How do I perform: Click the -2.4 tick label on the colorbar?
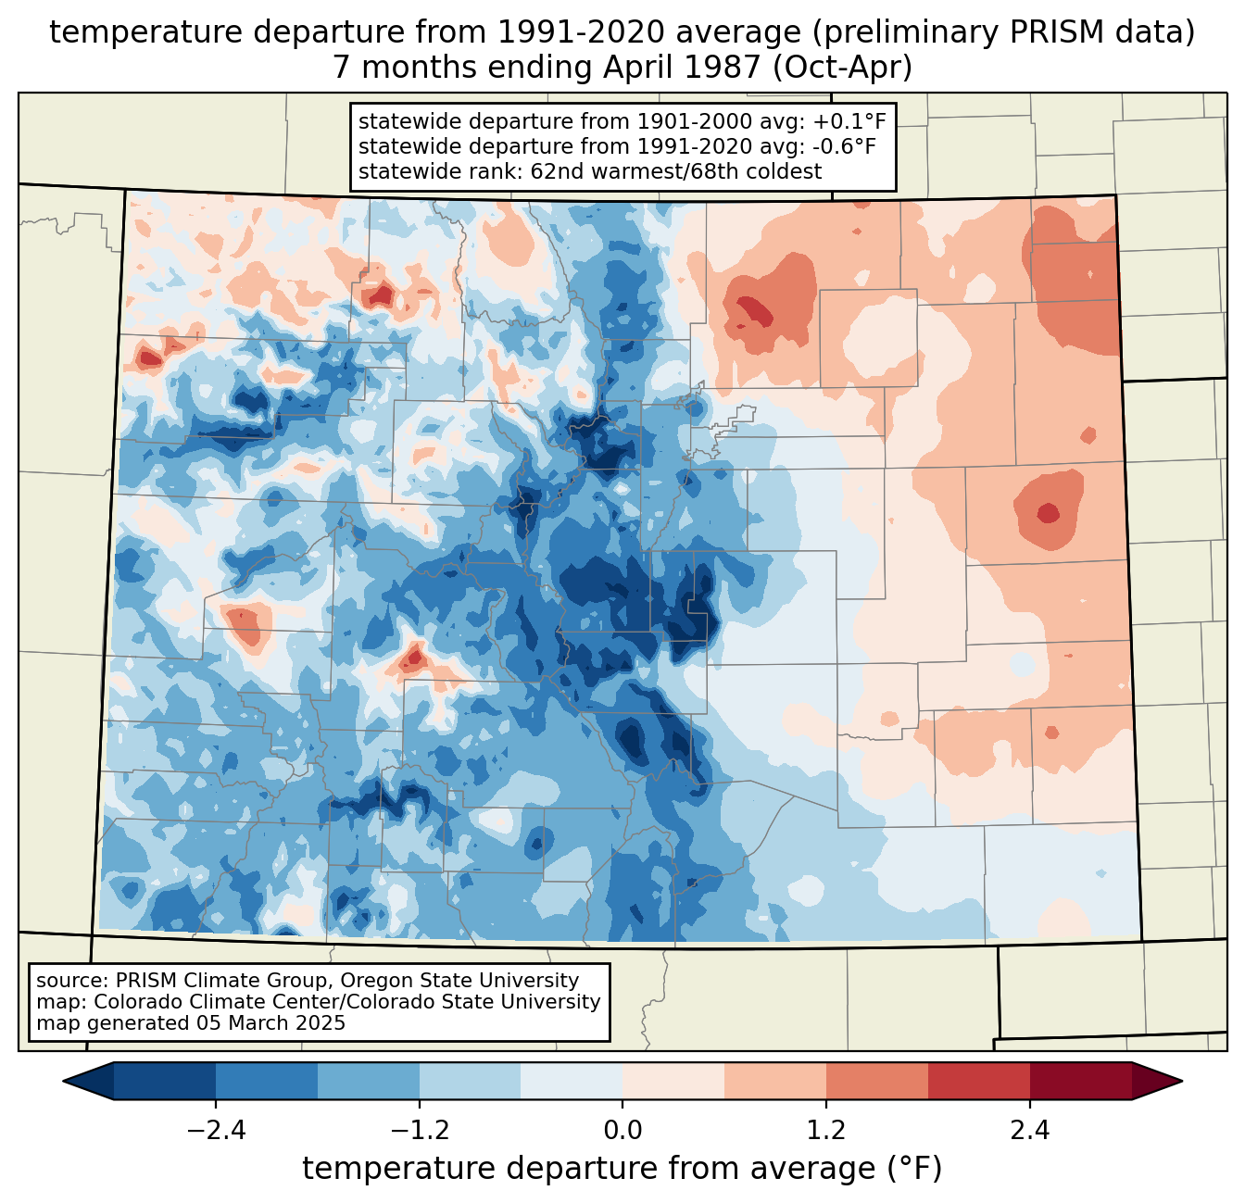[216, 1131]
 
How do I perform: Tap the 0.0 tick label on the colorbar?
[622, 1131]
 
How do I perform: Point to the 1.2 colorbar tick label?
[825, 1131]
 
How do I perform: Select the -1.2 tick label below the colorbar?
[419, 1131]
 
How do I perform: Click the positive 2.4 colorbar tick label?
[1029, 1131]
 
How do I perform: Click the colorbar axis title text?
[622, 1169]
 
